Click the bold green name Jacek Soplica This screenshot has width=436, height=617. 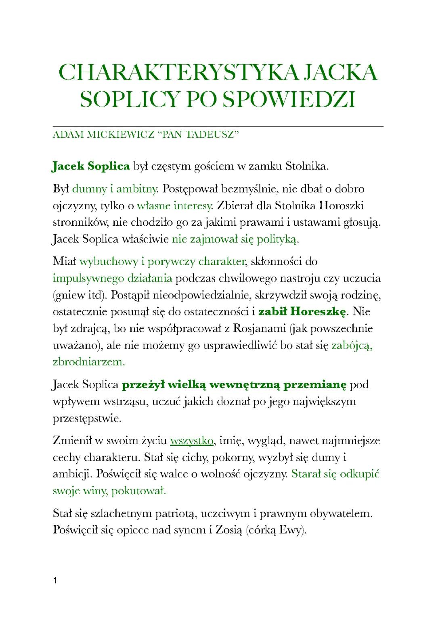[91, 166]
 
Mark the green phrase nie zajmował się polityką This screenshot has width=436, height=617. [235, 239]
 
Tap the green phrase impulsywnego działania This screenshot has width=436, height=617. [113, 279]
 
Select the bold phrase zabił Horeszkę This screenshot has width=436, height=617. [302, 312]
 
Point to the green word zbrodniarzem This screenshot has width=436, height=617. [89, 362]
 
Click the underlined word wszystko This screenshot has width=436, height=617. [192, 441]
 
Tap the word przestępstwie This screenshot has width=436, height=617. [87, 418]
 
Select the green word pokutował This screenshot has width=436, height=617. [138, 491]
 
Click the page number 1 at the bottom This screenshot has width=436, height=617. [56, 581]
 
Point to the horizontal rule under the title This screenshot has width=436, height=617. [218, 126]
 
